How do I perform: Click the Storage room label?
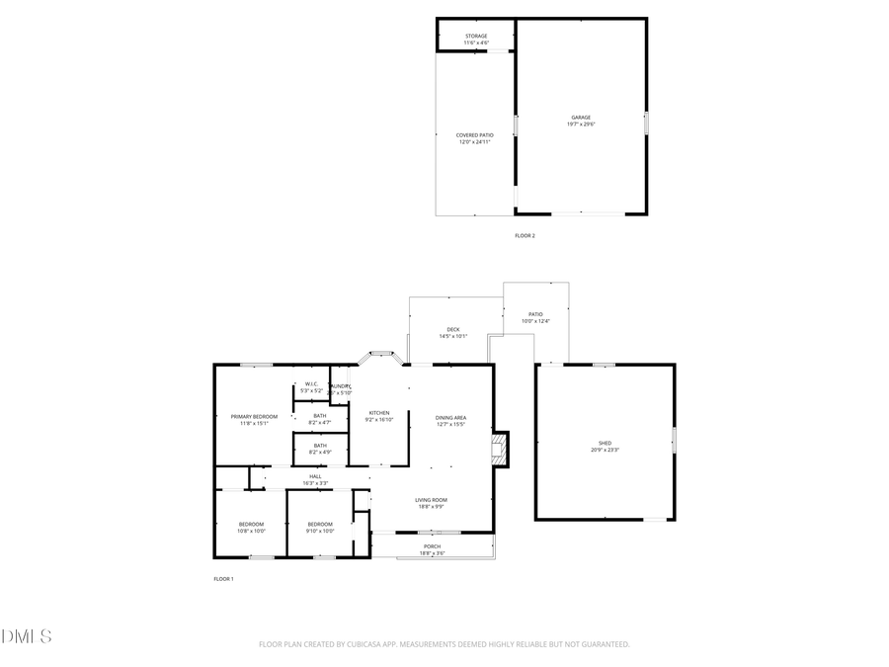(x=476, y=40)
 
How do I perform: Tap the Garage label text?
(x=581, y=121)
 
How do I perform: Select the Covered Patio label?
(x=474, y=138)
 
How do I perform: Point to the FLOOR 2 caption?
(x=525, y=235)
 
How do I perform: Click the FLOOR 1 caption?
(x=223, y=578)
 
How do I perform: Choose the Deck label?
(x=452, y=333)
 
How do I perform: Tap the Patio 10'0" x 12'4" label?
(x=534, y=317)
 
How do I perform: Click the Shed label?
(x=605, y=446)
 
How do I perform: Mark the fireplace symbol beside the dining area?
(x=501, y=448)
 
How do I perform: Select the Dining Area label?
(x=450, y=421)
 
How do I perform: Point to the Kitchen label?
(x=379, y=416)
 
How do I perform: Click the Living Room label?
(x=430, y=503)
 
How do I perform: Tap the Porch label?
(x=433, y=549)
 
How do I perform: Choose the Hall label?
(x=315, y=479)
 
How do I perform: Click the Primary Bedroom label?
(x=254, y=420)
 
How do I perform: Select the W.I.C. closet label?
(x=310, y=386)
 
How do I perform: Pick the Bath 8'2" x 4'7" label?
(x=320, y=419)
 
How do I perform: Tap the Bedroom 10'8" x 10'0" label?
(x=251, y=527)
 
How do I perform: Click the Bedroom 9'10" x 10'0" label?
(x=320, y=527)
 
